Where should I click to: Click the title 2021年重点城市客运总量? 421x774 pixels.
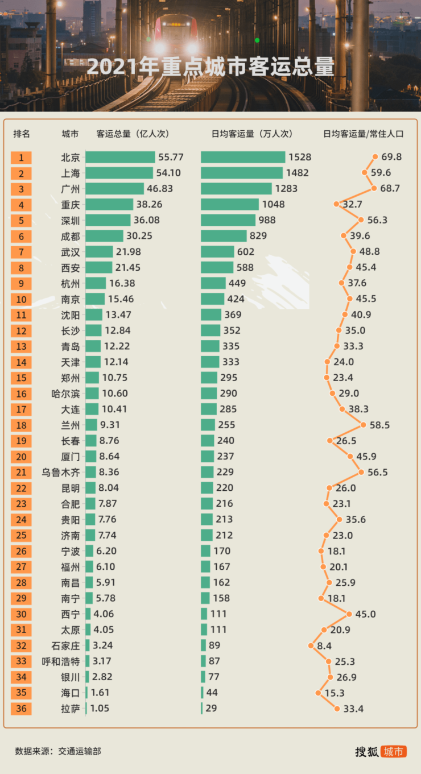tap(210, 68)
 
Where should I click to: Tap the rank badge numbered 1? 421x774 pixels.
tap(21, 158)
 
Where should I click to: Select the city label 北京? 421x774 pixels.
tap(71, 158)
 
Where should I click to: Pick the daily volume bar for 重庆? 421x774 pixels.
tap(230, 205)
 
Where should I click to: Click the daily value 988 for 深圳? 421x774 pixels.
tap(267, 220)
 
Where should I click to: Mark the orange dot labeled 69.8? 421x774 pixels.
tap(375, 157)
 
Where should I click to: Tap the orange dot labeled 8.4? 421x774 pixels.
tap(311, 645)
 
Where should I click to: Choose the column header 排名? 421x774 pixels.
tap(22, 134)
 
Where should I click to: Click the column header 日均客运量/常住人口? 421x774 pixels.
tap(363, 134)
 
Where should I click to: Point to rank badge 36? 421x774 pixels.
tap(21, 709)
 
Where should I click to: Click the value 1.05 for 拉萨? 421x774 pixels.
tap(100, 709)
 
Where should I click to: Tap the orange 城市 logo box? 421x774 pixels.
tap(394, 751)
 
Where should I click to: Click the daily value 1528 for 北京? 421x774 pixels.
tap(300, 158)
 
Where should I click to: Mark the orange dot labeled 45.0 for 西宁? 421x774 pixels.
tap(349, 614)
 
